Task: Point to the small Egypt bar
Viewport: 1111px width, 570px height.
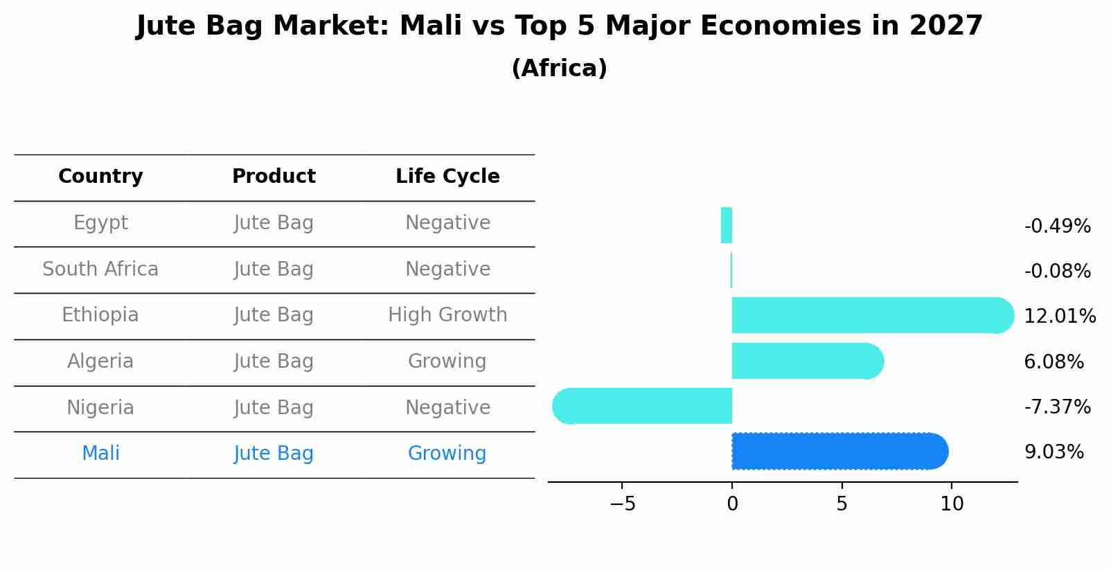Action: point(727,225)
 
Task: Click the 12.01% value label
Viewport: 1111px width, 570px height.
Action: point(1059,317)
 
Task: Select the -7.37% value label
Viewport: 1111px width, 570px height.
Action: point(1057,407)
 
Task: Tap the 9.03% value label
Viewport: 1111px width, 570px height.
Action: point(1054,452)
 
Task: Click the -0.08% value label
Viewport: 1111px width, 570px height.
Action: point(1057,271)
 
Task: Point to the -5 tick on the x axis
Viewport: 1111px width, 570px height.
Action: point(622,504)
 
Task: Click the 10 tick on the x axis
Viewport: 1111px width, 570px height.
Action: point(952,504)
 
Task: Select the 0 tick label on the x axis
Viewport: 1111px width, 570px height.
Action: point(732,504)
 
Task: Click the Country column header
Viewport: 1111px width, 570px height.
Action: point(100,177)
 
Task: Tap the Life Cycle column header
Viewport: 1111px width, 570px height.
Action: point(447,177)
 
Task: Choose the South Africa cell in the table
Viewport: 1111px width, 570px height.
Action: point(100,269)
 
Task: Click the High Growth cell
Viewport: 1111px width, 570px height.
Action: point(447,315)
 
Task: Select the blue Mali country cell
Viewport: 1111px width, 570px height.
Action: point(100,454)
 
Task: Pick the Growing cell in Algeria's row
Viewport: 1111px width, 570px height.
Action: point(447,361)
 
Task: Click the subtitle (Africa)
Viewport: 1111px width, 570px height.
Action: point(559,69)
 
